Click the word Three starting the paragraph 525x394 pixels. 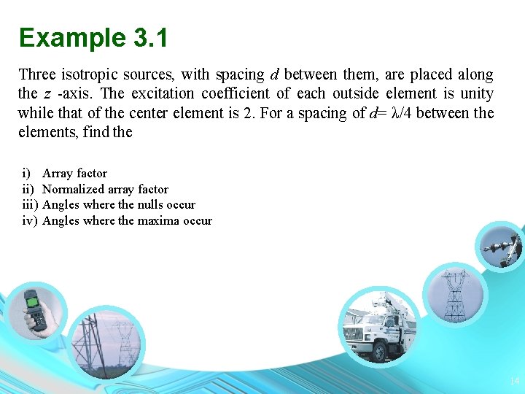(37, 74)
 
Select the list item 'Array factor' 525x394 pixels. (74, 174)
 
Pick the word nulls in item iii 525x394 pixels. (148, 205)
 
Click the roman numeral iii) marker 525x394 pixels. (30, 205)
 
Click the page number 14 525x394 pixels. (514, 381)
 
